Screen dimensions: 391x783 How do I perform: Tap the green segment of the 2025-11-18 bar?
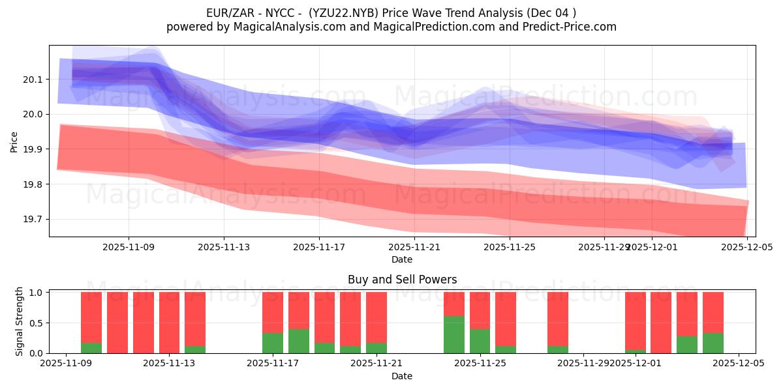(x=298, y=341)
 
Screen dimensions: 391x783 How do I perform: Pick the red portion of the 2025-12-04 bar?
(x=713, y=312)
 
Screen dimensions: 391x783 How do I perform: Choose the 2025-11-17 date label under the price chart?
(x=319, y=247)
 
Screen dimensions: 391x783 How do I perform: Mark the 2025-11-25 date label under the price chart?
(x=510, y=247)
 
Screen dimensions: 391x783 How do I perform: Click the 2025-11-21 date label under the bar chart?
(x=376, y=364)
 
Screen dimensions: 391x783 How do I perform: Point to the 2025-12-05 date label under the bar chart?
(x=739, y=364)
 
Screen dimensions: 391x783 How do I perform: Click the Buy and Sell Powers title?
(x=402, y=280)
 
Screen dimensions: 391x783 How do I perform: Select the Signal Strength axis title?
(x=20, y=321)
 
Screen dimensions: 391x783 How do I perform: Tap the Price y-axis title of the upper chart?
(x=14, y=141)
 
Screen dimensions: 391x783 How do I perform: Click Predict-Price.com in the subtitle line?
(x=567, y=27)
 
